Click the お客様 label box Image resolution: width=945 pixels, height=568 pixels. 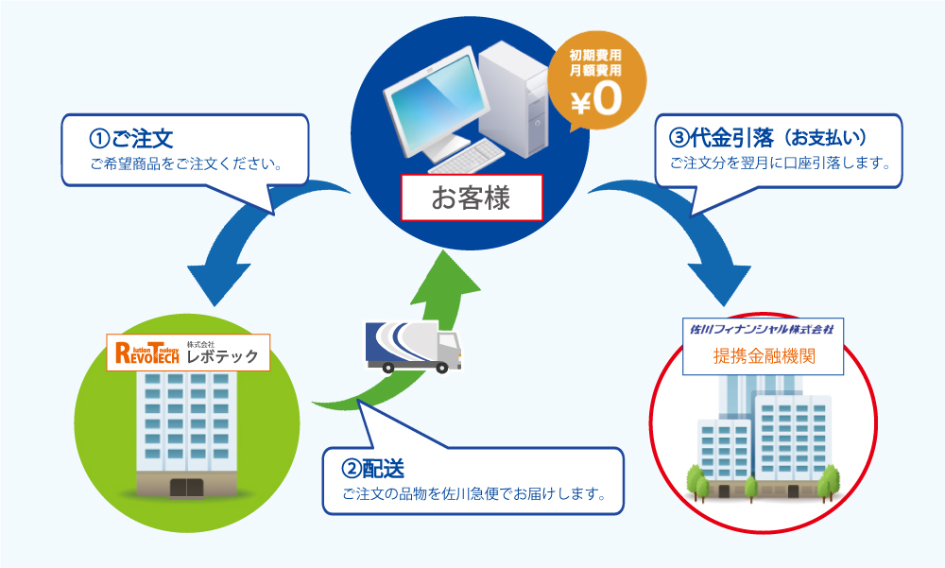pos(471,198)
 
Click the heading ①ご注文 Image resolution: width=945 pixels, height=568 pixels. pos(131,138)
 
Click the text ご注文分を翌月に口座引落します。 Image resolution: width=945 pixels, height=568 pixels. pos(781,163)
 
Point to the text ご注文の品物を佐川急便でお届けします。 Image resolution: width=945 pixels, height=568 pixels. pos(472,493)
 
